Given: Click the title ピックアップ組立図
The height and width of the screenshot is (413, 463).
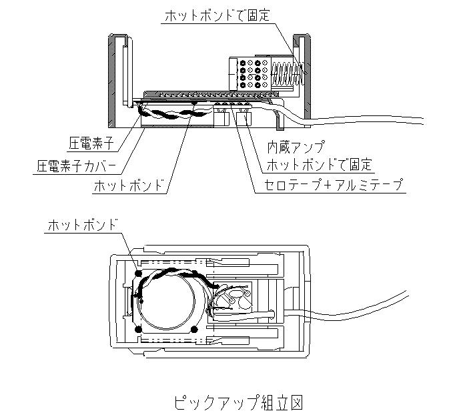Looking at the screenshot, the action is click(238, 402).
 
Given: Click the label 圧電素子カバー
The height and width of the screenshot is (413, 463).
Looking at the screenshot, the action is click(76, 166).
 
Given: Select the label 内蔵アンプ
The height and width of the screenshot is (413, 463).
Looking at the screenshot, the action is click(296, 147).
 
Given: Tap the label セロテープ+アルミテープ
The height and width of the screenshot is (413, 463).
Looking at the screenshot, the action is click(334, 185).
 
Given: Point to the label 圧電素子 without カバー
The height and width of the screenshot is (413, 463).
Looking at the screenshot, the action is click(91, 143).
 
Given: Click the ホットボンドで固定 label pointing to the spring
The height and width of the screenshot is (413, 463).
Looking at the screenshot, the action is click(217, 15).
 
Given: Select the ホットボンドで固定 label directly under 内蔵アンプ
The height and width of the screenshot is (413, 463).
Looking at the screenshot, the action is click(319, 164).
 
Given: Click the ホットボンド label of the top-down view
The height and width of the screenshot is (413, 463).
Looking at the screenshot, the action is click(83, 225).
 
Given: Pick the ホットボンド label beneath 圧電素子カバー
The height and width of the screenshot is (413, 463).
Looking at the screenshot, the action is click(129, 185).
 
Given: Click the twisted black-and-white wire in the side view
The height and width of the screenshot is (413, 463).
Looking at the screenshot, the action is click(174, 113).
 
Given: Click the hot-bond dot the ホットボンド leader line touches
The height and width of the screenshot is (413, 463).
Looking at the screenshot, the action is click(138, 273).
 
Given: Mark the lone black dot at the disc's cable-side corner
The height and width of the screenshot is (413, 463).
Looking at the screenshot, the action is click(194, 329).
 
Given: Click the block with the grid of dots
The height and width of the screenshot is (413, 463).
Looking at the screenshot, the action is click(250, 73).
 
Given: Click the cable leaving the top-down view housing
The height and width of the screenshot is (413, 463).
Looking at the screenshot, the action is click(358, 308).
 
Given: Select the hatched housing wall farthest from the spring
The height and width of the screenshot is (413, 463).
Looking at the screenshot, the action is click(112, 81).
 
